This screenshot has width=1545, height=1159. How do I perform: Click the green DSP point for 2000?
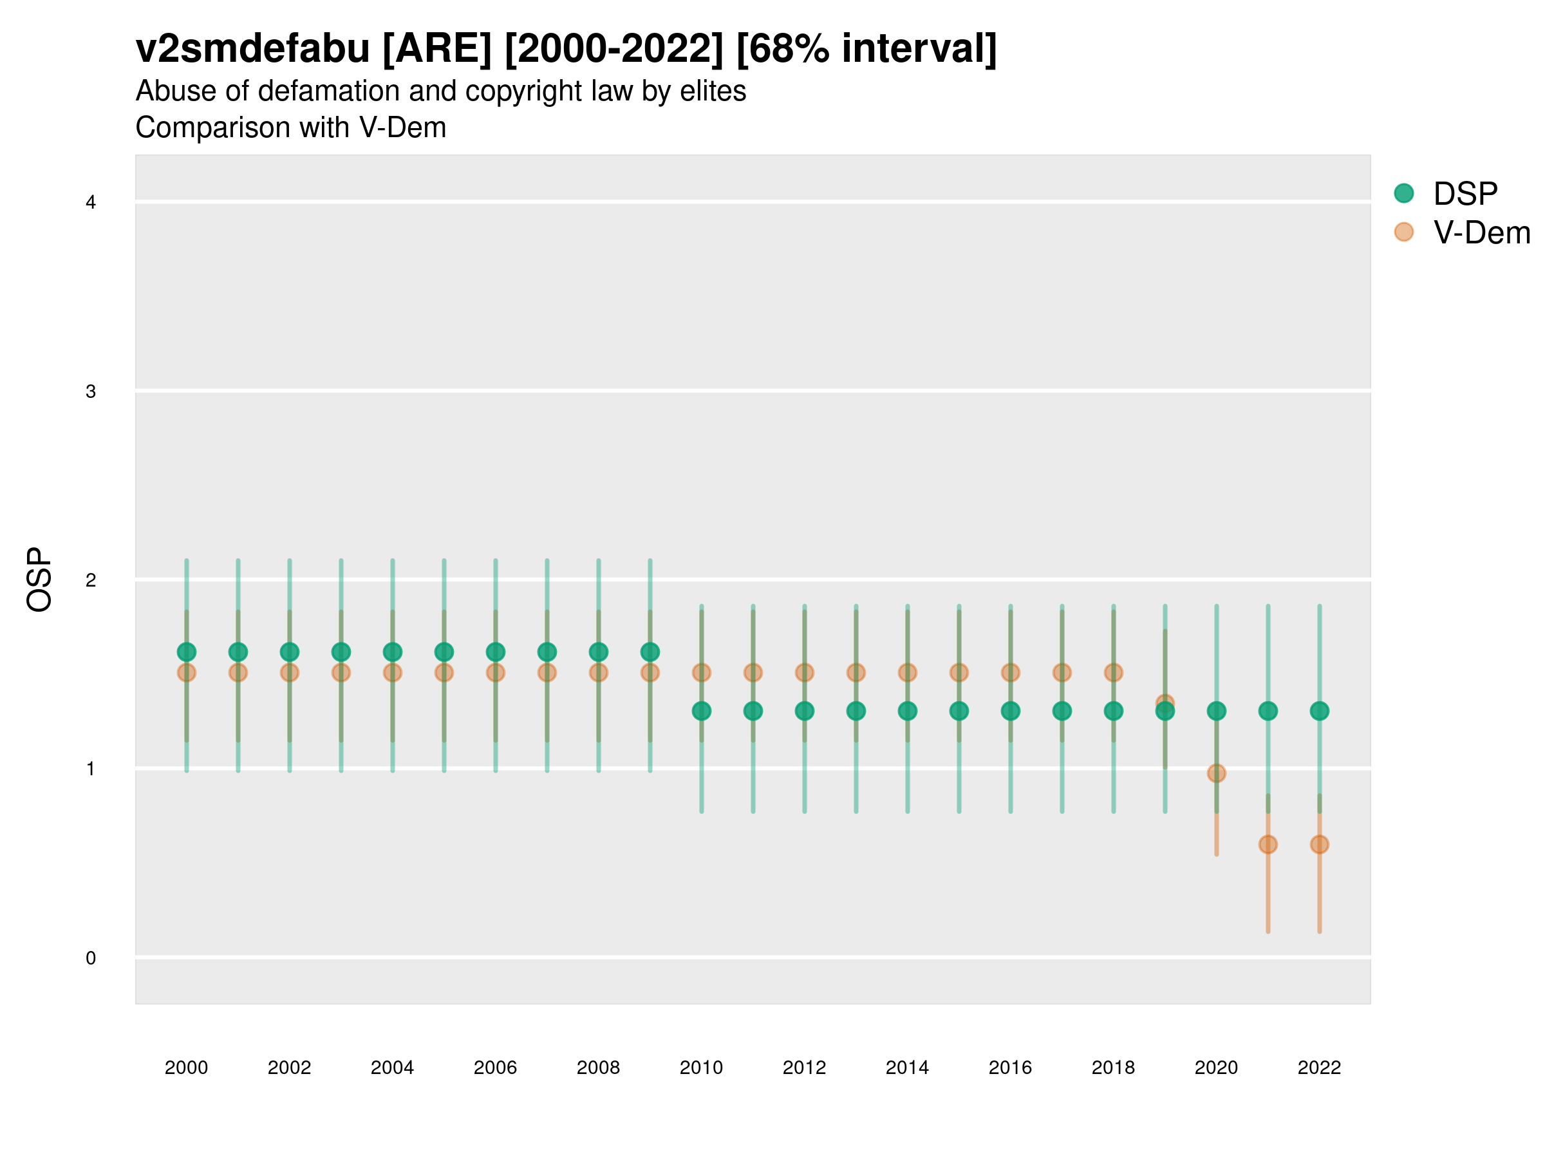pos(187,652)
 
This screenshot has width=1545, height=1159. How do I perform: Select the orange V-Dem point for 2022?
pos(1320,845)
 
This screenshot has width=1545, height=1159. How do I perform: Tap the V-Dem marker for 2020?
pos(1216,773)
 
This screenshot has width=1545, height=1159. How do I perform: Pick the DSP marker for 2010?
pos(701,711)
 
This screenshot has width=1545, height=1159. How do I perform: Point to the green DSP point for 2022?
pos(1320,711)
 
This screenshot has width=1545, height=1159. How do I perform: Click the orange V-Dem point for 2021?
pos(1268,845)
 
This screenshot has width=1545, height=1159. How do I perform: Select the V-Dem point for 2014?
pos(907,673)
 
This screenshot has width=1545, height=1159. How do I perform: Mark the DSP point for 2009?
pos(650,652)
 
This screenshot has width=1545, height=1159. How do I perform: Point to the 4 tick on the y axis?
pos(91,203)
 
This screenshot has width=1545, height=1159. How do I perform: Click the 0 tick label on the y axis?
pos(91,958)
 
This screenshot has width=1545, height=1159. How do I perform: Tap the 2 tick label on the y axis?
pos(91,580)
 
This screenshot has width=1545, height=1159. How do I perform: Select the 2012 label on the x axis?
pos(804,1068)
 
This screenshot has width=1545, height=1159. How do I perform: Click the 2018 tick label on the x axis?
pos(1113,1068)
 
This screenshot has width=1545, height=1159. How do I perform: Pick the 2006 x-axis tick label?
pos(495,1068)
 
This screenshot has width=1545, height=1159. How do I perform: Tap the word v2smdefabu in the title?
pos(253,49)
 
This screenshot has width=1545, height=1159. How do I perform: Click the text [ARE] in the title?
pos(437,49)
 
